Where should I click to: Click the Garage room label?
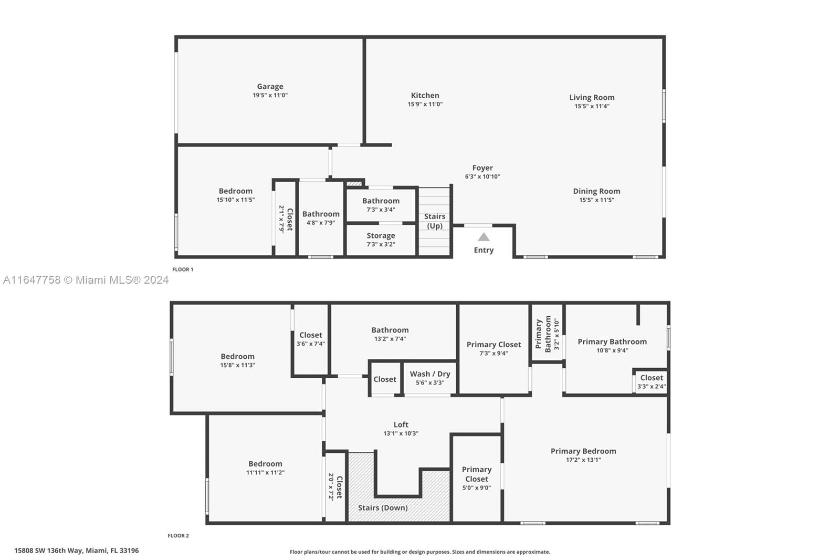[x=270, y=87]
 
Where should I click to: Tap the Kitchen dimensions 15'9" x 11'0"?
[x=425, y=105]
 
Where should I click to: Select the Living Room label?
[x=592, y=98]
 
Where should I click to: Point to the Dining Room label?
[x=596, y=191]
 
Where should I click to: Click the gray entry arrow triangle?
[x=484, y=237]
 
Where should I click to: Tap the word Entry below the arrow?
[x=484, y=251]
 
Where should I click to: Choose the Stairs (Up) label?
[x=435, y=221]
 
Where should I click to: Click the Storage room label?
[x=381, y=236]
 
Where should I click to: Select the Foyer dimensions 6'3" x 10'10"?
[x=482, y=177]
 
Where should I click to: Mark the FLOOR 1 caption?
[x=183, y=269]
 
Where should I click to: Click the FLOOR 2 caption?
[x=178, y=536]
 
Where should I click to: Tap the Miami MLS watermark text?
[x=86, y=280]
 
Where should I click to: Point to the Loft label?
[x=401, y=424]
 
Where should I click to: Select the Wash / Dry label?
[x=430, y=374]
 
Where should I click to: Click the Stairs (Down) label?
[x=383, y=508]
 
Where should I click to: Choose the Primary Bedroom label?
[x=583, y=451]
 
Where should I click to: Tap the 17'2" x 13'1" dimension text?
[x=583, y=460]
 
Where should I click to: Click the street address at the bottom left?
[x=77, y=551]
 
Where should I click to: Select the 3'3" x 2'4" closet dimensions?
[x=652, y=387]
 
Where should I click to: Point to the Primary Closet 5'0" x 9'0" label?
[x=476, y=479]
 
